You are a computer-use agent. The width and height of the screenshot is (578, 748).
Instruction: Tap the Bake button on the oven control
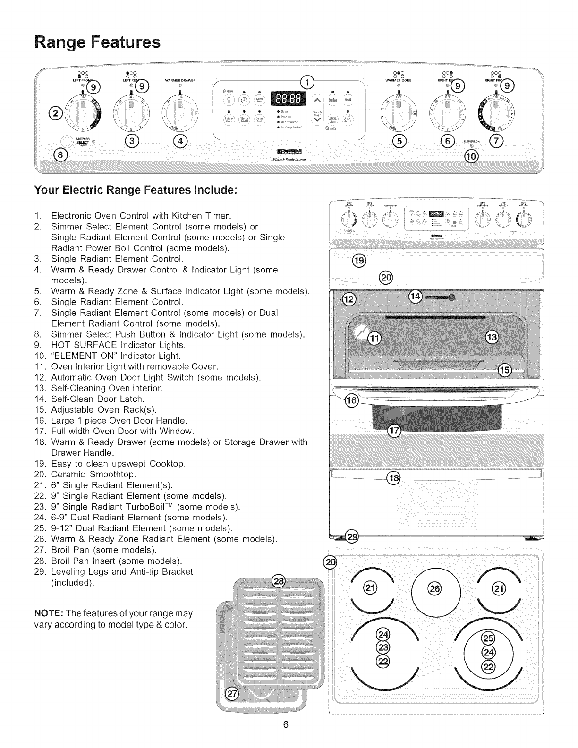pyautogui.click(x=333, y=100)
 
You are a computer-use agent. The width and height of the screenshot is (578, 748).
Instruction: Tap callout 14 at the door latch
pyautogui.click(x=415, y=297)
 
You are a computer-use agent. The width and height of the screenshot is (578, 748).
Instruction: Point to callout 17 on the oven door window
pyautogui.click(x=393, y=431)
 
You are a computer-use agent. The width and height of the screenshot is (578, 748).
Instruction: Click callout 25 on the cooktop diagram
pyautogui.click(x=487, y=638)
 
